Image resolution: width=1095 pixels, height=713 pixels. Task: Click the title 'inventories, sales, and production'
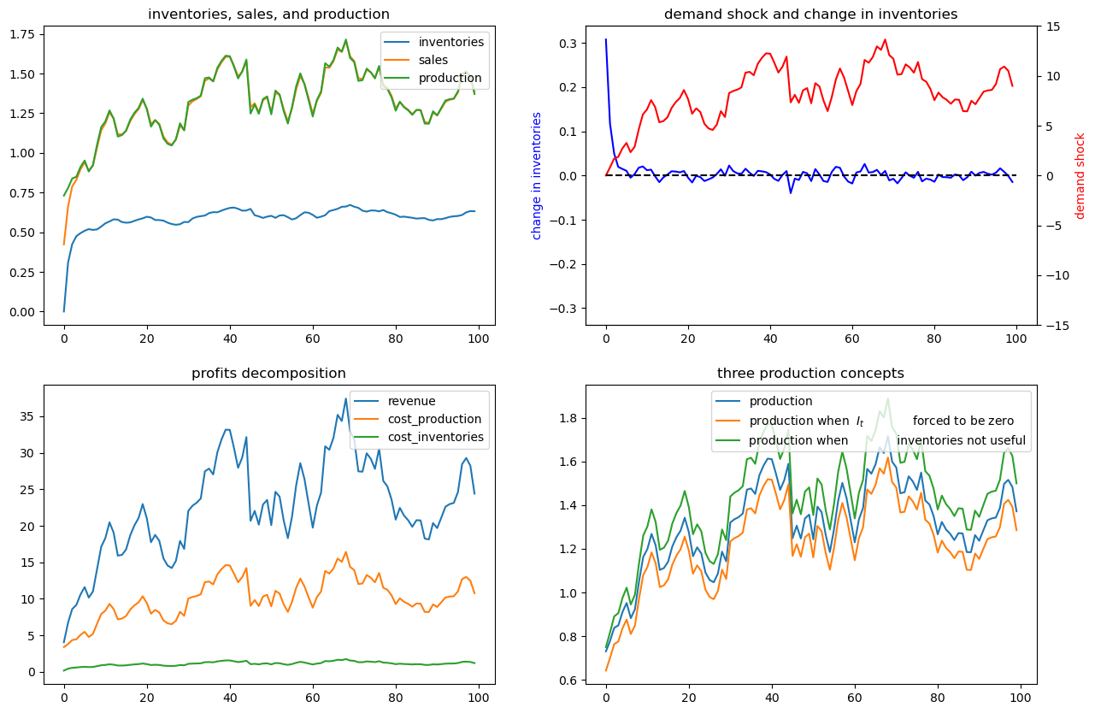(268, 14)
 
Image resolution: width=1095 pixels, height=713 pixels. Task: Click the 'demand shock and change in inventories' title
(810, 14)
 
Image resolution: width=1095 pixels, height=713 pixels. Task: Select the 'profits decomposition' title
(268, 373)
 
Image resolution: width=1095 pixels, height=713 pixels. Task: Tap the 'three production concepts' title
(810, 373)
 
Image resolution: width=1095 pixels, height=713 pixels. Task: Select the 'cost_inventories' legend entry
(436, 437)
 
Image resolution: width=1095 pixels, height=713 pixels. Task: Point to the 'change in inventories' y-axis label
(537, 175)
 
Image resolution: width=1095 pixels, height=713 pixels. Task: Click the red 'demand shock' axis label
(1080, 175)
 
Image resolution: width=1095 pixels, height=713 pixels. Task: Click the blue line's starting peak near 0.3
(606, 39)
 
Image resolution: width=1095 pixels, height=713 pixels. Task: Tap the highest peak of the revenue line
(345, 398)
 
